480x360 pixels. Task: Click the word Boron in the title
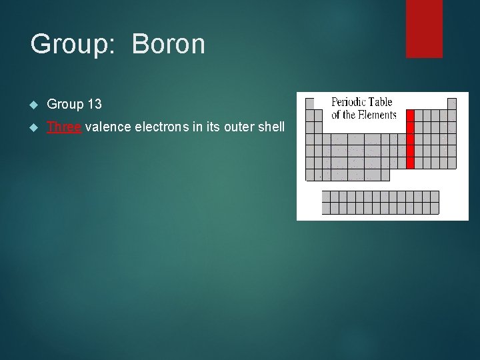(168, 45)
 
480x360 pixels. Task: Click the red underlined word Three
(64, 127)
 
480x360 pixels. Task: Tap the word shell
(271, 127)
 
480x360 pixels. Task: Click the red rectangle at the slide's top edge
(424, 28)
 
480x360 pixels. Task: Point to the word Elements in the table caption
(377, 115)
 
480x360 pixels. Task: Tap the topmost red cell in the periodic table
(410, 115)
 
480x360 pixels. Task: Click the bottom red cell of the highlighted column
(410, 163)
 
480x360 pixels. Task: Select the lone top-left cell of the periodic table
(309, 103)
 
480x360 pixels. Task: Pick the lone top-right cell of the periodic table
(451, 103)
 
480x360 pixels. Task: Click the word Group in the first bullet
(64, 105)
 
